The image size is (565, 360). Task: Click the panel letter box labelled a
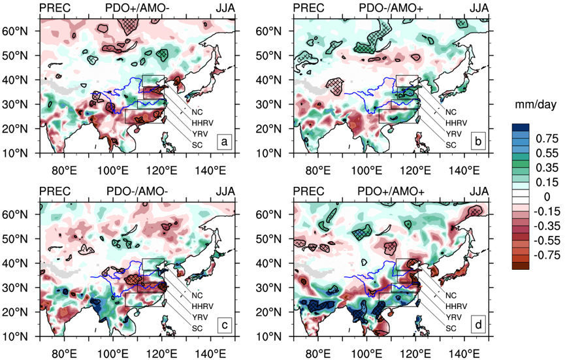(225, 141)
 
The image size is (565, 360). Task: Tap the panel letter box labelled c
(225, 325)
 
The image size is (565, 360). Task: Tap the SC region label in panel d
(450, 328)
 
